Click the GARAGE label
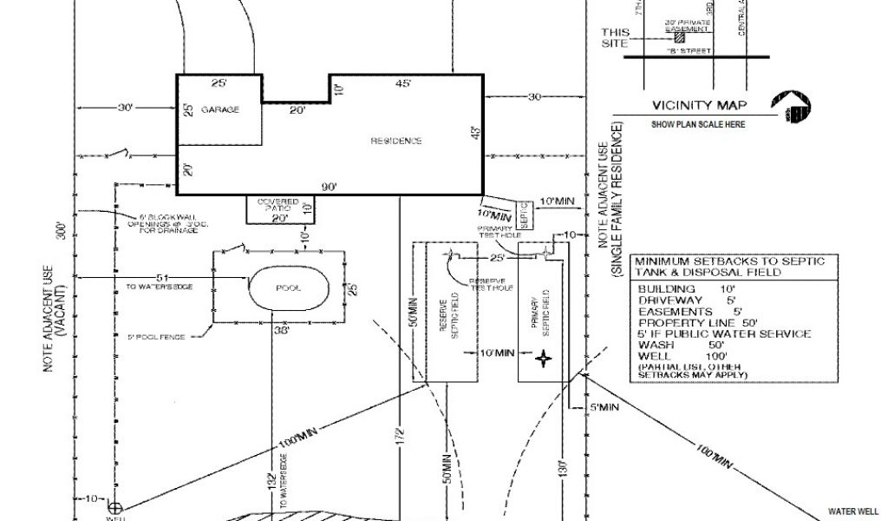219,110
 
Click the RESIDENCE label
396,141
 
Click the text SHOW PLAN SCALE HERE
698,124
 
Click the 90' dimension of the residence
329,186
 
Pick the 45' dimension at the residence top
403,84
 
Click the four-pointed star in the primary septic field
544,358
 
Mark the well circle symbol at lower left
114,506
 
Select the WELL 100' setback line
677,355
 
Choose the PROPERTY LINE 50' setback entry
692,322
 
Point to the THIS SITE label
615,37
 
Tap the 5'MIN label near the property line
604,406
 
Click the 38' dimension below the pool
281,330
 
